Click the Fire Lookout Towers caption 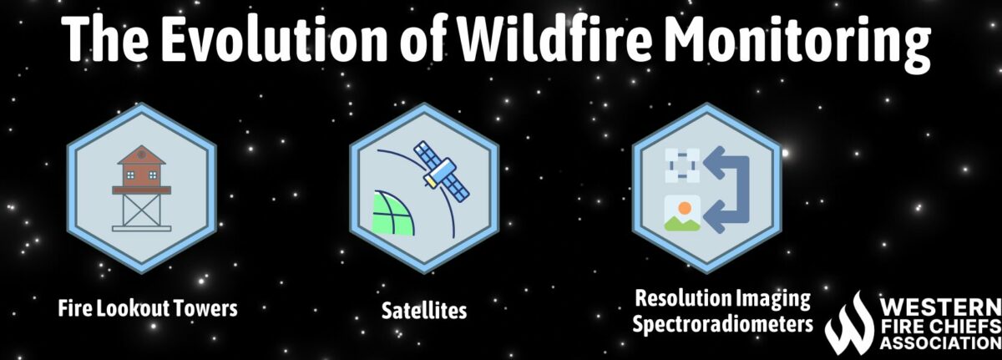click(148, 308)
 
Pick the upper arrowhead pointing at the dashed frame click(711, 165)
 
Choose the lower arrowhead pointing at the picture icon click(711, 219)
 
